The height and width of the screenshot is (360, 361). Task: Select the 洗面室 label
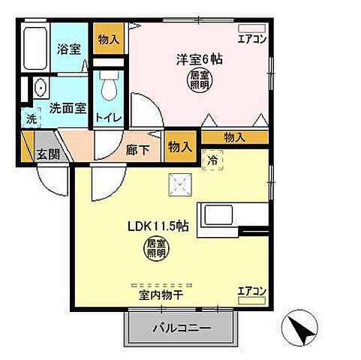(x=67, y=107)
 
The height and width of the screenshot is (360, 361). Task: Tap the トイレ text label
(x=106, y=118)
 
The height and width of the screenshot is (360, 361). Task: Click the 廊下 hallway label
(x=137, y=148)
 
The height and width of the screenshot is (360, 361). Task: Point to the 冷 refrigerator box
(x=212, y=159)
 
